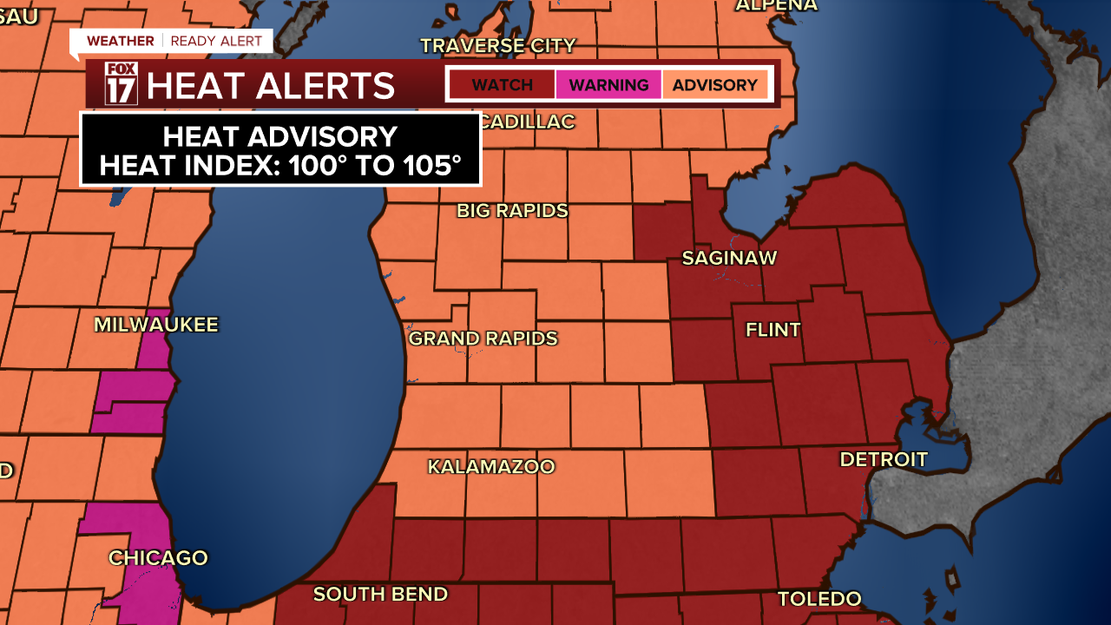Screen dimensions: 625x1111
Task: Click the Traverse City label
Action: tap(498, 45)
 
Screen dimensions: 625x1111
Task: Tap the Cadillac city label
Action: tap(527, 122)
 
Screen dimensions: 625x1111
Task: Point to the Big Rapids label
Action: tap(512, 210)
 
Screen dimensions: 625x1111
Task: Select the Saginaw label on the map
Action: tap(729, 258)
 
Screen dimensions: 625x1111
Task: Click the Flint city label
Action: tap(773, 330)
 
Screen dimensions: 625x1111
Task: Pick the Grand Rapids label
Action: tap(483, 339)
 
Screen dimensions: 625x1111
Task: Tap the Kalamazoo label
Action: tap(490, 467)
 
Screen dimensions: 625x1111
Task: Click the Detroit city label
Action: tap(884, 459)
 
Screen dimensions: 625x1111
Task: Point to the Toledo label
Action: tap(819, 599)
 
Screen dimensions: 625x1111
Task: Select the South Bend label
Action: tap(380, 595)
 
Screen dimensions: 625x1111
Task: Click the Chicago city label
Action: tap(158, 557)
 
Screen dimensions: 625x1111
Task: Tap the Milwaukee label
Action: tap(156, 325)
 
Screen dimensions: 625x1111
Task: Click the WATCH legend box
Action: tap(502, 85)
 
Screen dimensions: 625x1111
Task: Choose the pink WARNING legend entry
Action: tap(608, 85)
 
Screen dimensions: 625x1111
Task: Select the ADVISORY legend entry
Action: tap(714, 85)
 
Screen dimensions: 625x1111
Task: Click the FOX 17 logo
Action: tap(121, 84)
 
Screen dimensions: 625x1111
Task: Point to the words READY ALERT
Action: tap(216, 41)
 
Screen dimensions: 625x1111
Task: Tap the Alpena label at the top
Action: tap(776, 5)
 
